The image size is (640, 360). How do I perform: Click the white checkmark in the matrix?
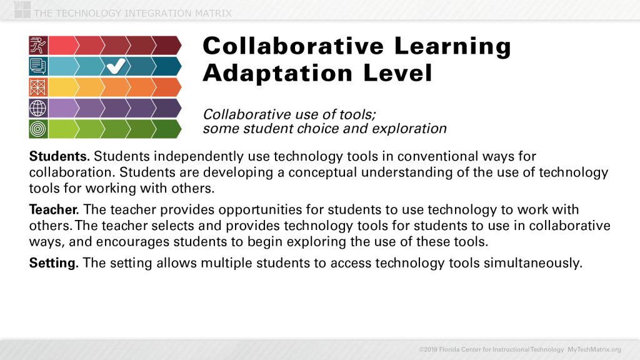tap(116, 65)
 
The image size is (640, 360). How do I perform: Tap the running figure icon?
tap(37, 45)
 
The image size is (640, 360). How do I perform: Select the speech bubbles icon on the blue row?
tap(37, 66)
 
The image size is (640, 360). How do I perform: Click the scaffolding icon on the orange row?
tap(37, 87)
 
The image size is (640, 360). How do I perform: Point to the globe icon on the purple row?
tap(37, 107)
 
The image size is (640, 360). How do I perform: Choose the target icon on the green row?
tap(37, 129)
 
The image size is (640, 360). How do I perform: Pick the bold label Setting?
tap(54, 263)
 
